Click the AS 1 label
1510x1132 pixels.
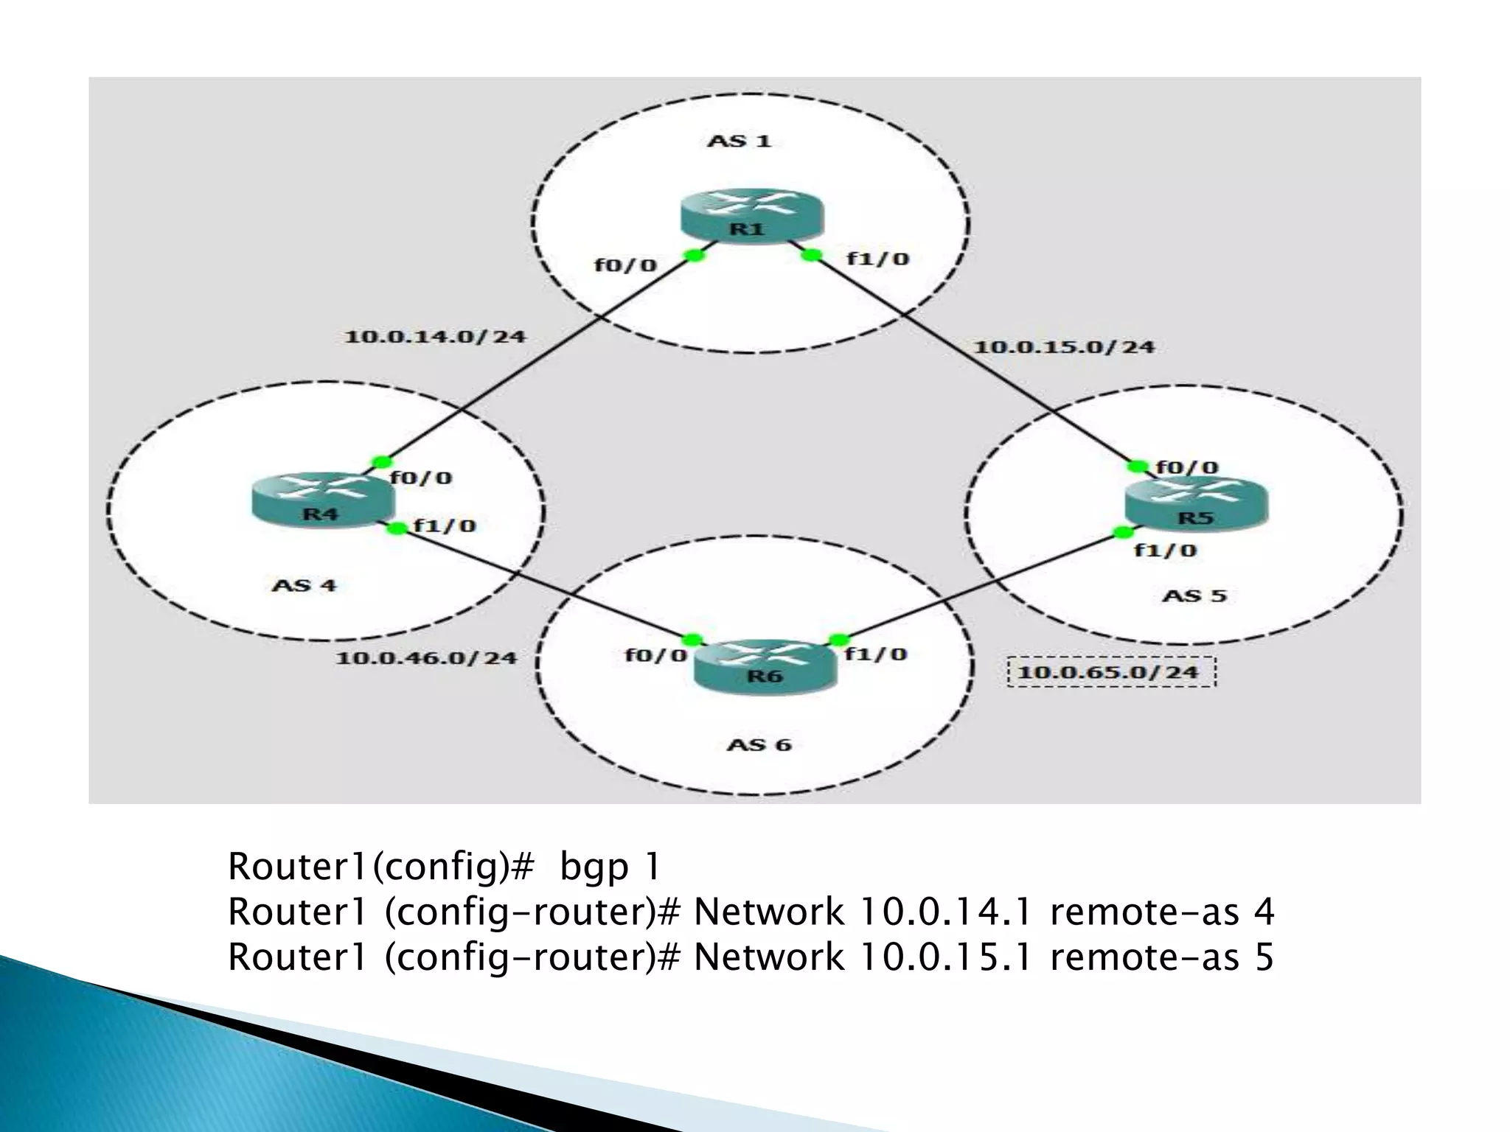(739, 140)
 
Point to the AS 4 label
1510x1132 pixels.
(304, 585)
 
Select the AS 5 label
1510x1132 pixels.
(1194, 595)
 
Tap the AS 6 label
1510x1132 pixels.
(759, 744)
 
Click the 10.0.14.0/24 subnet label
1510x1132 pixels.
(435, 337)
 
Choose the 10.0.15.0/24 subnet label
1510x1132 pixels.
(1064, 346)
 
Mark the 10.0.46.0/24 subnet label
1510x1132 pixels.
(426, 657)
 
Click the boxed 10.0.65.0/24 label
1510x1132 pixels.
(1111, 671)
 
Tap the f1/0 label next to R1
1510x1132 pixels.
(877, 259)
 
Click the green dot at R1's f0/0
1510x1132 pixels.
(694, 255)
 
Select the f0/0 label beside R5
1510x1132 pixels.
(1187, 467)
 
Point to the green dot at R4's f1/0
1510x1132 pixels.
(397, 528)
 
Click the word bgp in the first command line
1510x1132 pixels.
(594, 867)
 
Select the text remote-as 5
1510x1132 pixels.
(1161, 957)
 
